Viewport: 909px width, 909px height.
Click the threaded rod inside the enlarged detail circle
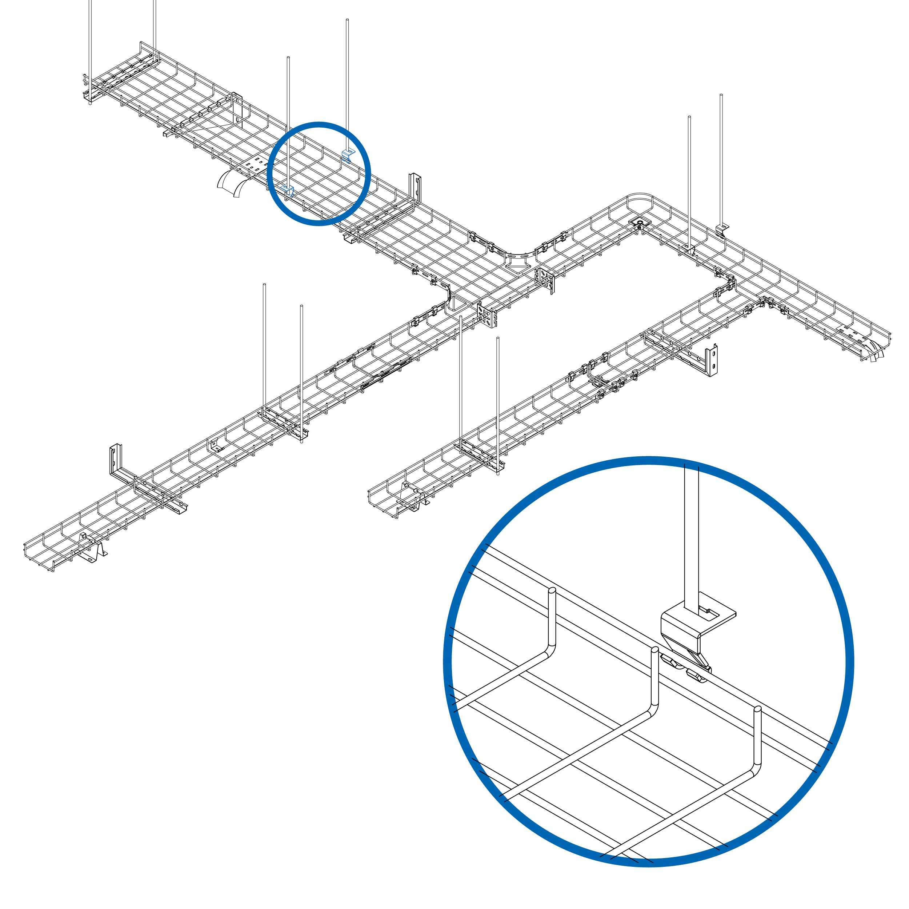[691, 541]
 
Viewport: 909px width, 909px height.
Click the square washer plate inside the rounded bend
[640, 223]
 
